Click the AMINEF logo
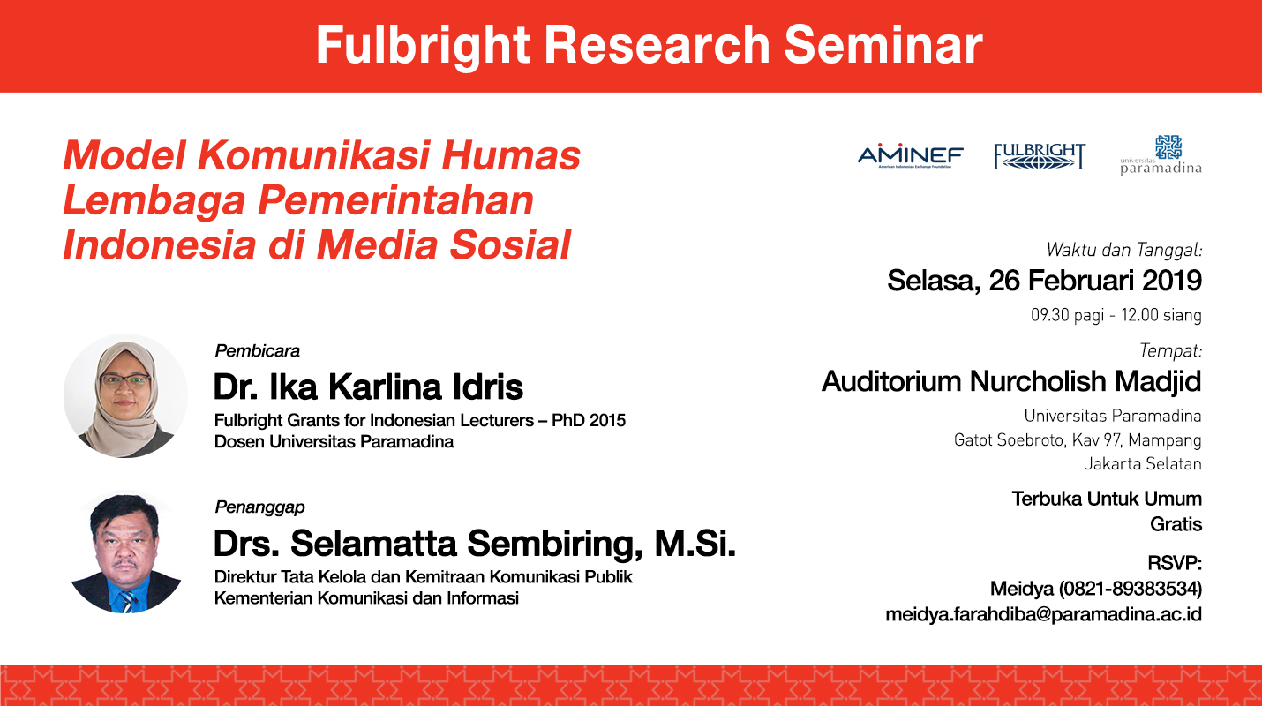click(x=911, y=156)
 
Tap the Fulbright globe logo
click(x=1040, y=156)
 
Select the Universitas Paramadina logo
click(x=1161, y=155)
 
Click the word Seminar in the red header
click(x=883, y=45)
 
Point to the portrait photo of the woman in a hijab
click(x=125, y=395)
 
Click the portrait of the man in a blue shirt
click(x=125, y=552)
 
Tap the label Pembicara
click(x=257, y=351)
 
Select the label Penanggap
click(x=259, y=507)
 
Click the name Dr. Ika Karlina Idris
click(x=369, y=387)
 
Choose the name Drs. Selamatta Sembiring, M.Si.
click(x=475, y=543)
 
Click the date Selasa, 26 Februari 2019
click(x=1045, y=281)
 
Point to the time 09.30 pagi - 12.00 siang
click(x=1116, y=315)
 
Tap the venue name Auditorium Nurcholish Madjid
click(x=1012, y=381)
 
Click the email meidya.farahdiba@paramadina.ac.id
click(x=1044, y=613)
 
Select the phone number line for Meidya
click(x=1096, y=589)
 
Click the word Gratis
click(x=1176, y=524)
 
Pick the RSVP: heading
click(x=1175, y=563)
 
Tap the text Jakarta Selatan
click(x=1143, y=463)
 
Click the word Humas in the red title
click(x=511, y=155)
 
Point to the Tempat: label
click(x=1171, y=351)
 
